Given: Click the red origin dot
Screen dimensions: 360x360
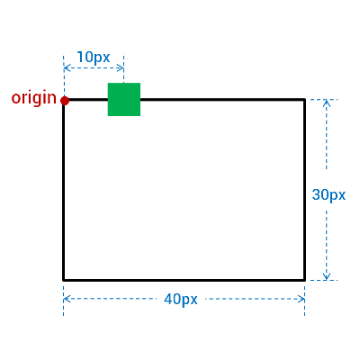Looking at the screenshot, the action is click(65, 101).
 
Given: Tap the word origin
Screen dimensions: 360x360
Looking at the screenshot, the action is click(33, 98).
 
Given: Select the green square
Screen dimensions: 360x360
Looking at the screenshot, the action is click(124, 99).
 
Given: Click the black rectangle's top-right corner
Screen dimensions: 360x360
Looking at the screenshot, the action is click(304, 99).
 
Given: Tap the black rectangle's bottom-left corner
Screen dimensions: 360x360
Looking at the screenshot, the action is click(64, 280).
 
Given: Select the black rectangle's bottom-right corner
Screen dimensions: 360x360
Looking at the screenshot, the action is click(304, 280).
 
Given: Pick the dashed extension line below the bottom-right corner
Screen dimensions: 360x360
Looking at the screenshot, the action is click(304, 299).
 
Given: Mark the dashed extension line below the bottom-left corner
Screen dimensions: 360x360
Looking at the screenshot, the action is click(63, 299).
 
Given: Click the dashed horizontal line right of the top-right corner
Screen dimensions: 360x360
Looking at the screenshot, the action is click(323, 99).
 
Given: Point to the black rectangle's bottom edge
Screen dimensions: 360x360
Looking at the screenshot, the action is click(184, 280).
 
